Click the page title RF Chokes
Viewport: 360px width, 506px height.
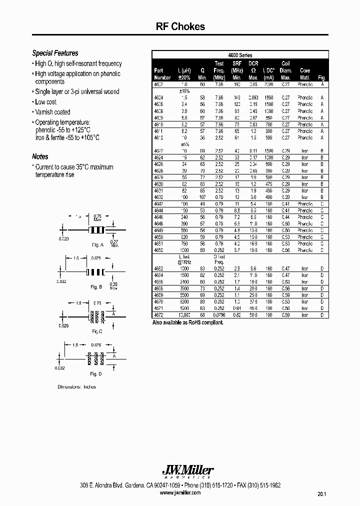click(180, 27)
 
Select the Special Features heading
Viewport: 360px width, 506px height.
click(55, 53)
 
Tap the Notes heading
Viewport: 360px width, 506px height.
click(40, 156)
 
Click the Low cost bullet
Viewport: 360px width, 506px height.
click(45, 102)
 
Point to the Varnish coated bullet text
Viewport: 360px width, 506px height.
click(52, 112)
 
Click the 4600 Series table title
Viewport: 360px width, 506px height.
click(240, 55)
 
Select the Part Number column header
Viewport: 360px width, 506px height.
click(162, 74)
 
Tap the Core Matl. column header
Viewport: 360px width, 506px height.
click(304, 74)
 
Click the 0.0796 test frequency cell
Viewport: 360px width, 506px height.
click(219, 315)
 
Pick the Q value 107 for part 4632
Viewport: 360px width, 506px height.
click(202, 197)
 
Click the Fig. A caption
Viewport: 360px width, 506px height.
click(97, 245)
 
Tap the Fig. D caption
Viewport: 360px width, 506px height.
click(96, 374)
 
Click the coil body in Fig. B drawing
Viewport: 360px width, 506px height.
click(94, 272)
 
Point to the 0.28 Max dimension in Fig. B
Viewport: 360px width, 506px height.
click(114, 286)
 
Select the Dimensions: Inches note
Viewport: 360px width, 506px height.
click(76, 387)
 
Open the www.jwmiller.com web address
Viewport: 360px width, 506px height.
click(180, 492)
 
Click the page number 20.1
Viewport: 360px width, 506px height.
click(321, 494)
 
